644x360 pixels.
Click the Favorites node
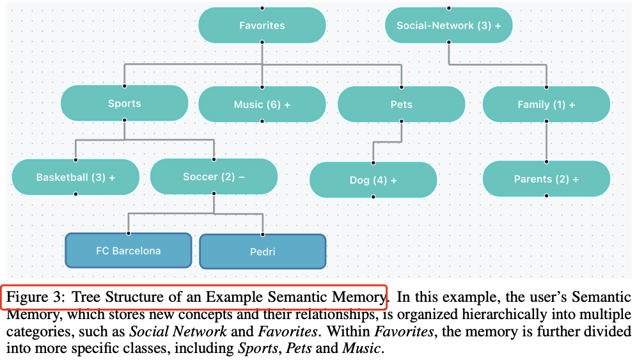[262, 26]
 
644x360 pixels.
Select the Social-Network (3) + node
[448, 26]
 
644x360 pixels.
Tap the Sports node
[124, 104]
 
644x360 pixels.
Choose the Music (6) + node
[262, 104]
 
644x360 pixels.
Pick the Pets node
[401, 104]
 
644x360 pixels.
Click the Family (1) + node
[546, 104]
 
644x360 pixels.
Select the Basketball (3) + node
[75, 177]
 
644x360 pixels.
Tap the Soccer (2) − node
[214, 177]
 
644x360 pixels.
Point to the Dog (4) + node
[373, 180]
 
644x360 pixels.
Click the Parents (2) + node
[546, 179]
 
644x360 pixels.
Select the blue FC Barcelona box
[129, 251]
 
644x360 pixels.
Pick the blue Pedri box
[262, 251]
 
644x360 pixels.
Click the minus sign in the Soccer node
[242, 177]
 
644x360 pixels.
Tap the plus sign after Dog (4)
[394, 180]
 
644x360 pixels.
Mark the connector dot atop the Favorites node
[262, 8]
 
